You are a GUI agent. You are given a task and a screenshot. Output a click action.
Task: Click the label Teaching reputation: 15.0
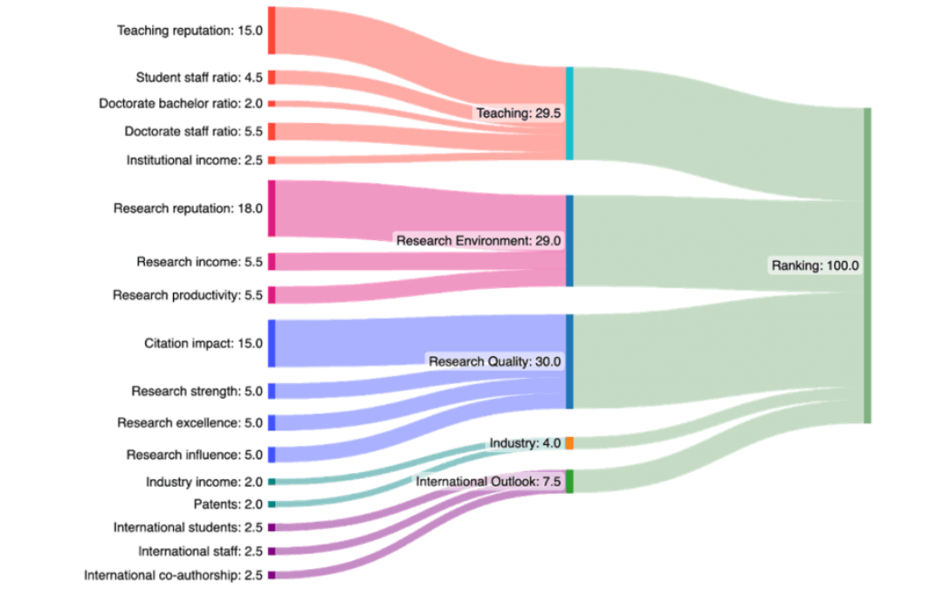(x=189, y=30)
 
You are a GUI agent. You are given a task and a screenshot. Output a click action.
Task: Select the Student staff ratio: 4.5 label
(x=199, y=77)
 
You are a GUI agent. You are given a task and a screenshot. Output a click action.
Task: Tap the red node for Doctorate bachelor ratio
(x=272, y=103)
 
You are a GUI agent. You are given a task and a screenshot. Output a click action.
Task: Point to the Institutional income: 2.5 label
(x=195, y=159)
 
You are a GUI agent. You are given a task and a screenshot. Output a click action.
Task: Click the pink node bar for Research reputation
(x=272, y=208)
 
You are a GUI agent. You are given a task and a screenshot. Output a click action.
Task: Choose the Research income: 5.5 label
(x=200, y=262)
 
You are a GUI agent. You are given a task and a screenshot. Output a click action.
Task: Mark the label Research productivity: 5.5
(x=187, y=294)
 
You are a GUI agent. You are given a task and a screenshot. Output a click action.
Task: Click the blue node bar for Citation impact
(x=272, y=343)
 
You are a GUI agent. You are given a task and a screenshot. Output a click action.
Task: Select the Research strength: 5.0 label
(x=197, y=391)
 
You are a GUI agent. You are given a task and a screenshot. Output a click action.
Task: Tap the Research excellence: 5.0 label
(x=189, y=422)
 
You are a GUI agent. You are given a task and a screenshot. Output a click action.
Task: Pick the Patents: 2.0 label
(x=228, y=504)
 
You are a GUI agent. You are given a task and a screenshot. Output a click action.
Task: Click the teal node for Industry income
(x=272, y=481)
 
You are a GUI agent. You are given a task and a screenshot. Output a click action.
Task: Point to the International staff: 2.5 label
(x=200, y=550)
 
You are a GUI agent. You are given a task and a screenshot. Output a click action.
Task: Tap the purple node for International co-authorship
(x=272, y=575)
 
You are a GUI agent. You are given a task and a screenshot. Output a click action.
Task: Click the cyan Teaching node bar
(x=570, y=113)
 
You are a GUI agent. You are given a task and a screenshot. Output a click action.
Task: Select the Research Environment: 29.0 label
(x=478, y=241)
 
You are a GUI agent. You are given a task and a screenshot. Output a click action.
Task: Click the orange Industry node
(x=570, y=443)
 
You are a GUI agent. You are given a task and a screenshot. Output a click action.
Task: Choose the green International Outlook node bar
(x=570, y=481)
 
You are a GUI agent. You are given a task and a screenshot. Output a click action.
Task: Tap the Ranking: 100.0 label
(x=814, y=266)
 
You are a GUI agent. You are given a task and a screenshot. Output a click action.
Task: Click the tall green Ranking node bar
(x=868, y=266)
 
